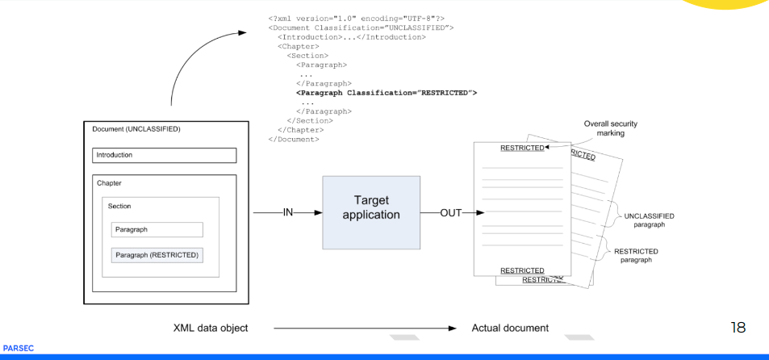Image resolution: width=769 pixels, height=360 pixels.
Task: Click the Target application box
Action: [x=371, y=213]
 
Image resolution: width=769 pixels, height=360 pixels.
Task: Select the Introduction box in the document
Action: [x=164, y=155]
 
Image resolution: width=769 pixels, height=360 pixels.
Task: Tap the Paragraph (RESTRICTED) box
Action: [x=157, y=255]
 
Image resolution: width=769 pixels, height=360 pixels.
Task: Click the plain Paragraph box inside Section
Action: [x=157, y=229]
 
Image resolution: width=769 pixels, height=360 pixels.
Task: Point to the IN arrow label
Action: [x=287, y=213]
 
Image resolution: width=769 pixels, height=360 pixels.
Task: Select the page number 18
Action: [x=738, y=327]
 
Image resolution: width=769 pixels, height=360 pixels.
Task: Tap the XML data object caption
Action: [x=211, y=328]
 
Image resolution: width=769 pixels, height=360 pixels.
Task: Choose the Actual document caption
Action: [x=510, y=328]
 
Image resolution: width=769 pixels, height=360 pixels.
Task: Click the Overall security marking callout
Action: [x=611, y=128]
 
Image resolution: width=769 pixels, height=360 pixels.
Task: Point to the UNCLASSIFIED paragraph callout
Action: [x=649, y=220]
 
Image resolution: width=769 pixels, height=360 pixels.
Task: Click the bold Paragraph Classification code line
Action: [x=387, y=93]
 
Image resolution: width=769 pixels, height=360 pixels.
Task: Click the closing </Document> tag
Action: [x=293, y=139]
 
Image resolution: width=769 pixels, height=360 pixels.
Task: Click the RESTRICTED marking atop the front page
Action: [x=521, y=148]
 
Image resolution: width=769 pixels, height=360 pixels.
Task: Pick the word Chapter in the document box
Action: [x=109, y=183]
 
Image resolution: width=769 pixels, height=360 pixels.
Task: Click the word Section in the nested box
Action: [x=119, y=206]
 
